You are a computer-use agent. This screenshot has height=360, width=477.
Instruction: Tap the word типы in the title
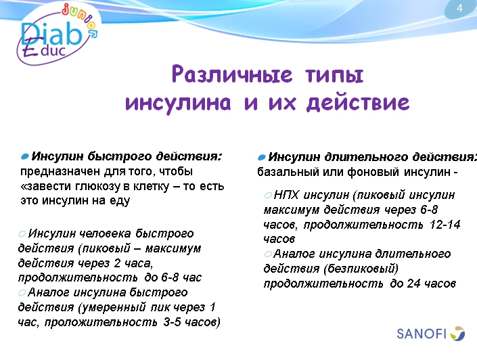tap(333, 74)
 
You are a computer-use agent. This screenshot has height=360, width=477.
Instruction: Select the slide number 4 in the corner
tap(460, 9)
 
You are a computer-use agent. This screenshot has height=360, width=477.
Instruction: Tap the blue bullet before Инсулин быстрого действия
tap(25, 156)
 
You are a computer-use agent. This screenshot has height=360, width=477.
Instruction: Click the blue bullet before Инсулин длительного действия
tap(262, 156)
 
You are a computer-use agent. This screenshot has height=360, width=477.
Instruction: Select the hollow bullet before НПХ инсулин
tap(269, 194)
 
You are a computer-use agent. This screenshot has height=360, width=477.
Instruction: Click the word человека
tap(101, 233)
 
